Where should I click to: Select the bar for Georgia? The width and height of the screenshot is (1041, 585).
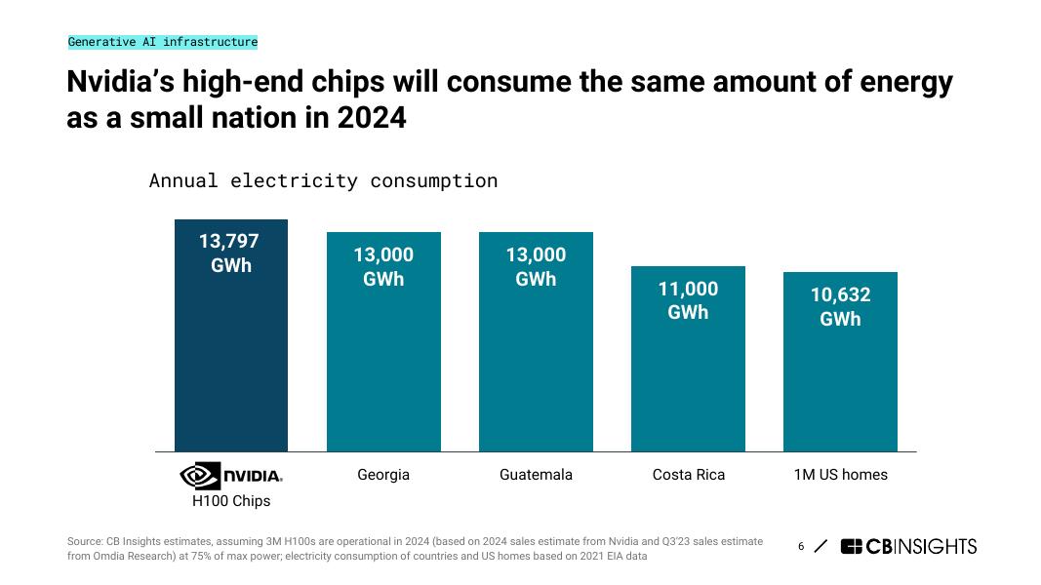pos(383,370)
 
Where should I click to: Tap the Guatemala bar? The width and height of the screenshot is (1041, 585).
pos(536,370)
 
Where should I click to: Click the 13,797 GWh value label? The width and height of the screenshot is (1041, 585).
pos(231,253)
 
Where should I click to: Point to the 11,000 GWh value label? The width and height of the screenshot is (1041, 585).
pos(688,300)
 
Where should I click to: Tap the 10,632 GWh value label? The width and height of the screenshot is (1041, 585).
pos(840,307)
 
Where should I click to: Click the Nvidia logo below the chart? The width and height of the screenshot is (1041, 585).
pos(231,475)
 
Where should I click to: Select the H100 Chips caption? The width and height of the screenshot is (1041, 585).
pos(231,501)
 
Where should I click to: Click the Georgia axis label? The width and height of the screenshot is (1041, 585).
pos(383,475)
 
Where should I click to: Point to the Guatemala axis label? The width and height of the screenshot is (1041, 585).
pos(536,475)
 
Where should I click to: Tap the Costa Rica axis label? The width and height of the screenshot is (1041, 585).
pos(688,475)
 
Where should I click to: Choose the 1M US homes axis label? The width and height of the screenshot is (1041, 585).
pos(840,475)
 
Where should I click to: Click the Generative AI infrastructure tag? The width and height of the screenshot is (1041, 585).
pos(163,42)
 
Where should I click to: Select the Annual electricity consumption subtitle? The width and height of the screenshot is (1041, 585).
pos(323,180)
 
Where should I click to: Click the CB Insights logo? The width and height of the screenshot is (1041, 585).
pos(907,546)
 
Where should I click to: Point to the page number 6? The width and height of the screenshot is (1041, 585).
pos(801,546)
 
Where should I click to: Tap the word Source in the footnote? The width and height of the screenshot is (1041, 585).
pos(85,541)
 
